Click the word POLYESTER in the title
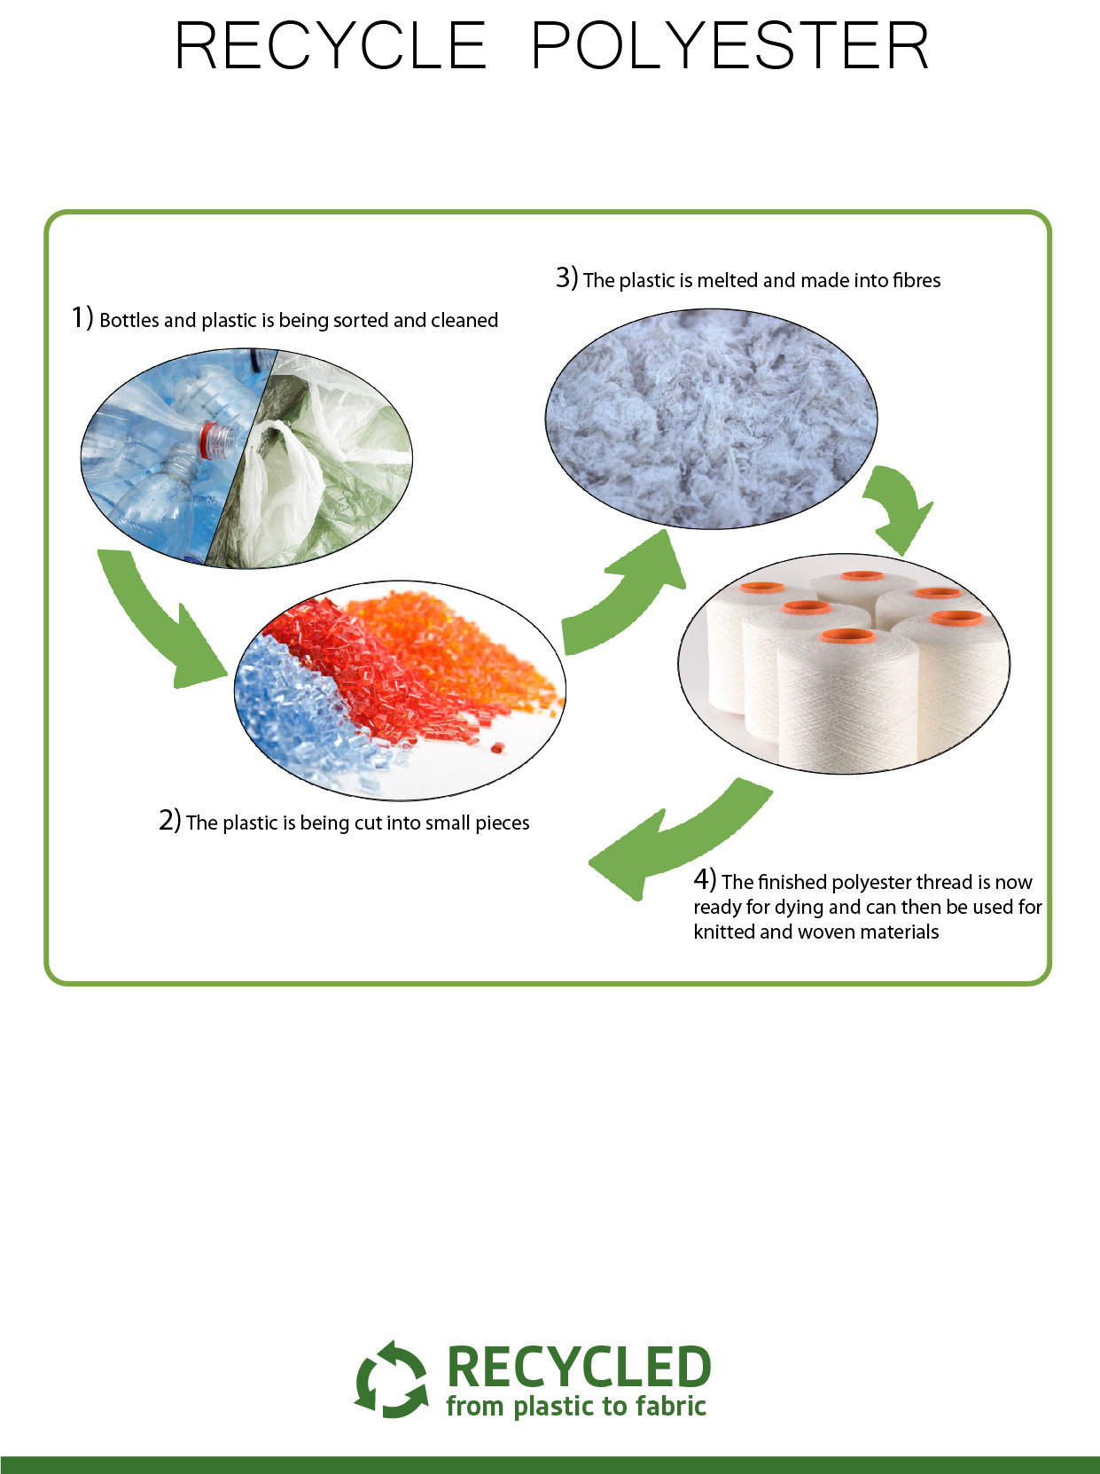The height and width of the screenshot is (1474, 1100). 730,45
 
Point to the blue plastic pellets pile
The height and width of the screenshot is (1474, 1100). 302,712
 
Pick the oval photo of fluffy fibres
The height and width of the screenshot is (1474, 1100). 711,418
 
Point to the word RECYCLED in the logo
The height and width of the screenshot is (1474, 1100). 578,1367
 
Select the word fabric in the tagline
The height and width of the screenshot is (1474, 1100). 670,1405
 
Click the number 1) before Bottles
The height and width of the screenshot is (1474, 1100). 82,317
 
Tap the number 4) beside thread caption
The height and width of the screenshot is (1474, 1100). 706,879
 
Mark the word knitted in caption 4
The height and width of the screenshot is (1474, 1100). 724,932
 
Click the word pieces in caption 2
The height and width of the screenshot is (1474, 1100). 503,824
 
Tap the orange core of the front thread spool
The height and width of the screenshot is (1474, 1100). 848,636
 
